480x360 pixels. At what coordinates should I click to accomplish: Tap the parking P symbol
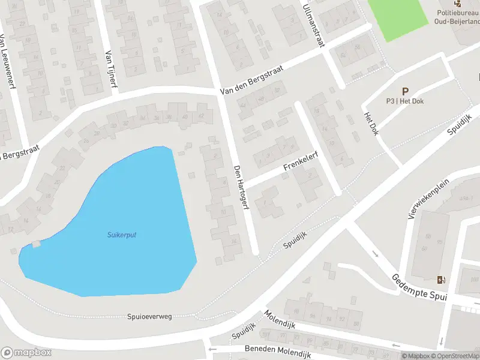(405, 92)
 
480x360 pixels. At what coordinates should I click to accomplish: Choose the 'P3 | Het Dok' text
(405, 101)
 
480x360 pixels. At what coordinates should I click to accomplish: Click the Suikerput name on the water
(122, 235)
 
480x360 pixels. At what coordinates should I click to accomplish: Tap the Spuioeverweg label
(149, 316)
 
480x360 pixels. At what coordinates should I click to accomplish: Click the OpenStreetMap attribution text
(456, 356)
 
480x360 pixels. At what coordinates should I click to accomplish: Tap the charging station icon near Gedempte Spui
(442, 280)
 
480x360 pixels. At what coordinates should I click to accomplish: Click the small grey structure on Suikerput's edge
(37, 244)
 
